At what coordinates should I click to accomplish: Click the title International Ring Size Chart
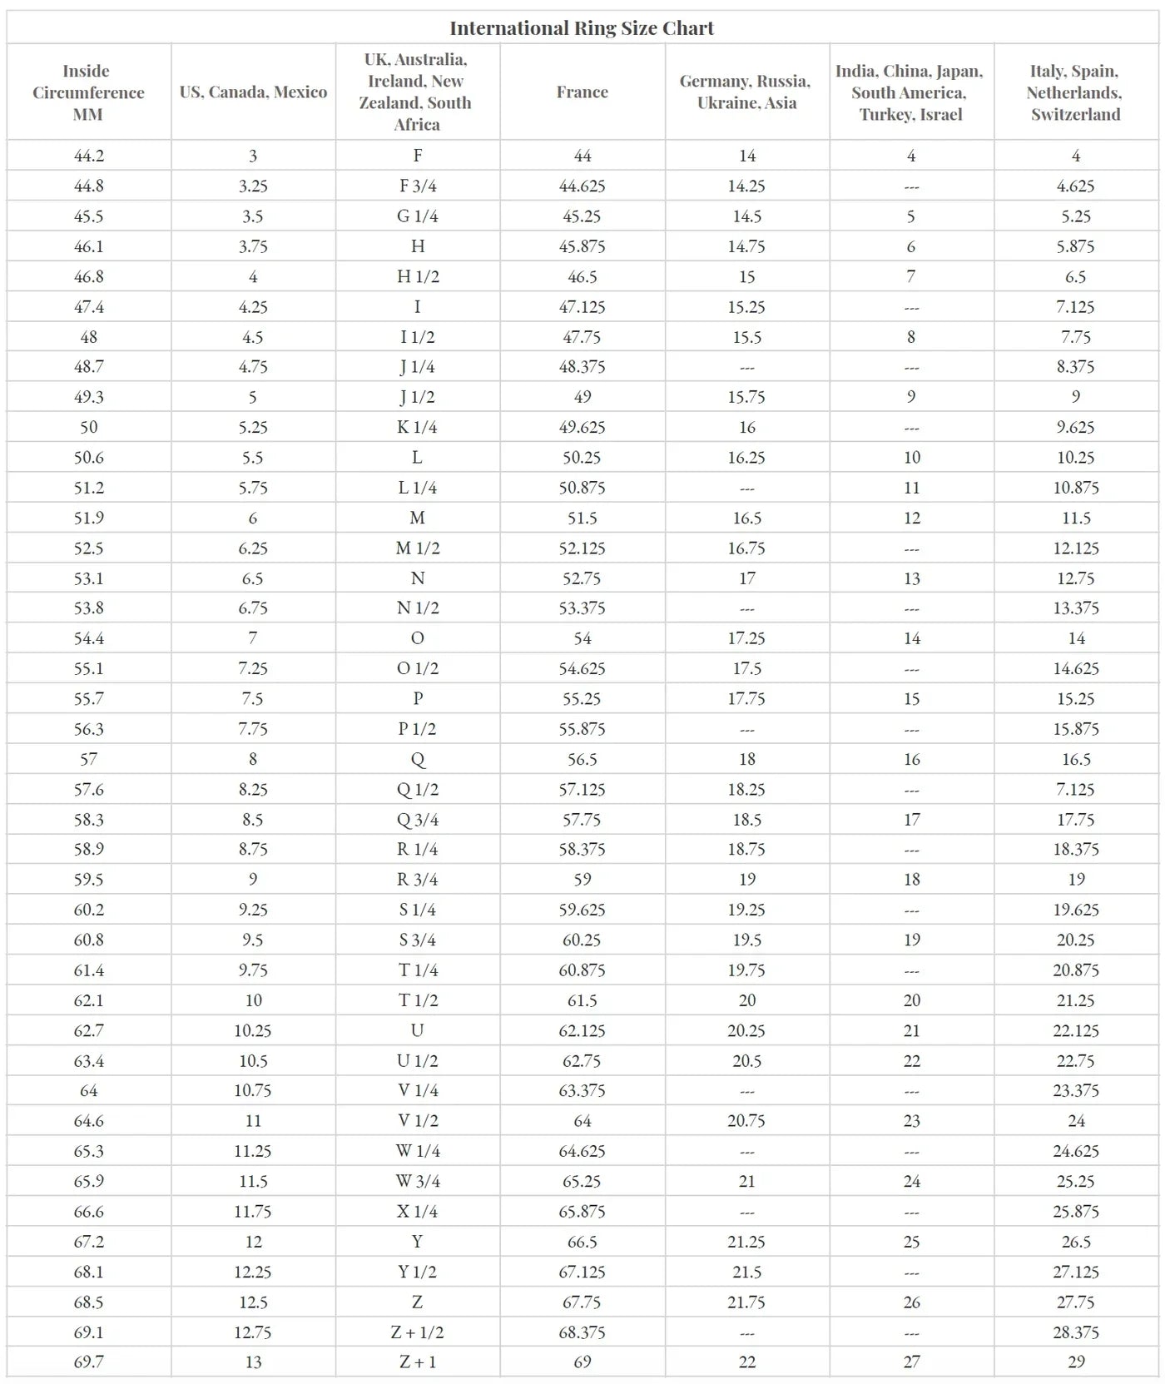point(582,28)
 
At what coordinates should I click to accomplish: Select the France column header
point(582,92)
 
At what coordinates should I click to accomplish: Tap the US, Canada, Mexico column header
point(253,92)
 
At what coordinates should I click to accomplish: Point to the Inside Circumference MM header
point(88,92)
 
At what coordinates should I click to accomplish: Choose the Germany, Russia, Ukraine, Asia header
point(746,92)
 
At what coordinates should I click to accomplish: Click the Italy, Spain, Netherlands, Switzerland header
point(1075,92)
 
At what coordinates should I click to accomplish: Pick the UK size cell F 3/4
point(418,186)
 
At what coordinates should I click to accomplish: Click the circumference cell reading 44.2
point(89,156)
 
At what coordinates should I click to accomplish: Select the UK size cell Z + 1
point(418,1362)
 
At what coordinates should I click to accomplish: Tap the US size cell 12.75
point(253,1332)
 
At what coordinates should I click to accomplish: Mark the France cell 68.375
point(582,1332)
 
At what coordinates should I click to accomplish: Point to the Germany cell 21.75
point(746,1302)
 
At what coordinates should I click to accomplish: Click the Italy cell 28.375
point(1076,1332)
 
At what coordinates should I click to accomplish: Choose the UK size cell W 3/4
point(418,1181)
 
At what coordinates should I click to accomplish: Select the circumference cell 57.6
point(89,789)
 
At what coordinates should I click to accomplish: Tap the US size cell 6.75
point(253,608)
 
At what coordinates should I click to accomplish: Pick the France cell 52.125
point(582,548)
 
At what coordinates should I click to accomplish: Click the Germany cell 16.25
point(746,457)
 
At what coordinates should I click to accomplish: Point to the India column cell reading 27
point(912,1362)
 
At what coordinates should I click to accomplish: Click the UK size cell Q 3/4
point(418,819)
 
